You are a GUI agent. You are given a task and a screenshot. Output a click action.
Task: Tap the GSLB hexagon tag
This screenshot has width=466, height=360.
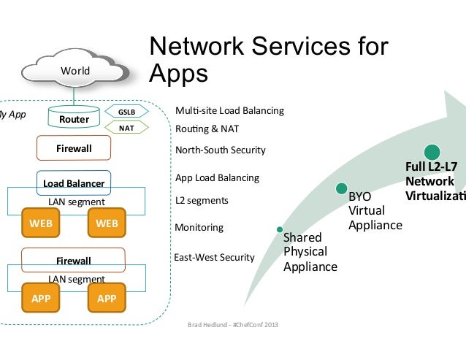(126, 112)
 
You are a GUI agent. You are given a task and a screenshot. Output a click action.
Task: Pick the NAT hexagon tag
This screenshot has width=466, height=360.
(126, 128)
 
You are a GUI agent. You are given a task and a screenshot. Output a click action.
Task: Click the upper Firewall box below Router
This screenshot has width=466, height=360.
(74, 149)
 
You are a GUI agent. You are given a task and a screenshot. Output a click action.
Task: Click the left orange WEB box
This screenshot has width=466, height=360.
(41, 223)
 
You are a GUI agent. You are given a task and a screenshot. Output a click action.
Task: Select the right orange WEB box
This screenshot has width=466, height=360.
(107, 223)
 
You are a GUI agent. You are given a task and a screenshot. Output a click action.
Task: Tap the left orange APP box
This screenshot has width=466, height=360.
(41, 298)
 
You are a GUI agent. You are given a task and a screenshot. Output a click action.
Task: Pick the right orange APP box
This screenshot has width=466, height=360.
(107, 298)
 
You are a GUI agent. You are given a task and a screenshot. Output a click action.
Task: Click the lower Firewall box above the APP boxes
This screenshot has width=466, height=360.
(74, 259)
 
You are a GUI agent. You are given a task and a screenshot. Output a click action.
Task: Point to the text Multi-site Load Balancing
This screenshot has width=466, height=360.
(229, 112)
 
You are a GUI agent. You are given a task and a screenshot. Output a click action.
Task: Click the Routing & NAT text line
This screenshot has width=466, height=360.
(208, 129)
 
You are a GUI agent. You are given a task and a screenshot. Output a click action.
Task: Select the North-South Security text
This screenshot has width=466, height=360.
(221, 150)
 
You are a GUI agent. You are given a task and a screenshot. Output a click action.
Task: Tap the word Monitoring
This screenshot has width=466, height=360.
(199, 228)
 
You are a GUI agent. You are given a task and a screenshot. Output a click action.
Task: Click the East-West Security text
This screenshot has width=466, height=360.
(213, 257)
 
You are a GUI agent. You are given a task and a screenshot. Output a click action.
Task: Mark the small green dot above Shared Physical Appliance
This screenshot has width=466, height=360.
(279, 229)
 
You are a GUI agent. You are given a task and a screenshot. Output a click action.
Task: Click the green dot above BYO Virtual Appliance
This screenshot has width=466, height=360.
(342, 188)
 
